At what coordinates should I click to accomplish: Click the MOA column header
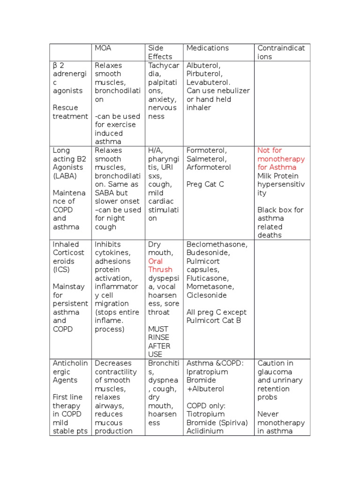tap(104, 48)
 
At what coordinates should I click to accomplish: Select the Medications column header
tap(207, 48)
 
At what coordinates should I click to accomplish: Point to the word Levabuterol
tap(208, 82)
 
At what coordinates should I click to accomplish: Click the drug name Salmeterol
tap(206, 159)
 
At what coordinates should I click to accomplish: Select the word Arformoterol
tap(208, 167)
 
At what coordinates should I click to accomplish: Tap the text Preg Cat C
tap(205, 184)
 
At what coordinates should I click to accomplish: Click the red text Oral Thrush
tap(160, 265)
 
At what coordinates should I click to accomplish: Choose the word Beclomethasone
tap(217, 244)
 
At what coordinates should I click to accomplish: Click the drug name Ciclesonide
tap(206, 295)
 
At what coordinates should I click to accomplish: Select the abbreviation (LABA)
tap(65, 176)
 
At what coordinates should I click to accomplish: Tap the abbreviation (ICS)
tap(61, 270)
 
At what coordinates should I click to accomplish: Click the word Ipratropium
tap(207, 372)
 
